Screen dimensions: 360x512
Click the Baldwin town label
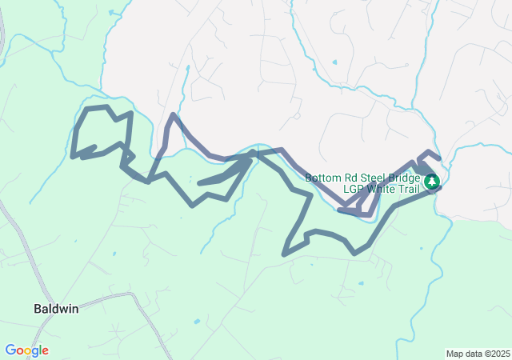point(56,308)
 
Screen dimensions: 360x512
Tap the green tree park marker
point(432,182)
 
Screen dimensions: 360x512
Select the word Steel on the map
point(370,178)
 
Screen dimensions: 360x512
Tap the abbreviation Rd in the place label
point(348,178)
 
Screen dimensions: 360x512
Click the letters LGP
point(353,190)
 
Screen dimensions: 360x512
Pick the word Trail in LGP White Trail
point(407,190)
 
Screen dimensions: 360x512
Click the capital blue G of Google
point(10,350)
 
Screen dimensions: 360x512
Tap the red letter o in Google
point(19,351)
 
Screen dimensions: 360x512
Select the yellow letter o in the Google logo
point(27,351)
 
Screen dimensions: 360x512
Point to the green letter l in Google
point(40,350)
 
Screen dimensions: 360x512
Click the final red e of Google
point(45,351)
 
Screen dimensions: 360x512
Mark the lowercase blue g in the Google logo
point(34,352)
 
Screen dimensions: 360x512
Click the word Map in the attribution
point(454,354)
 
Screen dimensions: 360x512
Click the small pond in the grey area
point(334,62)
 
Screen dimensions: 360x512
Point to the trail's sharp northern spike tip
point(172,115)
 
